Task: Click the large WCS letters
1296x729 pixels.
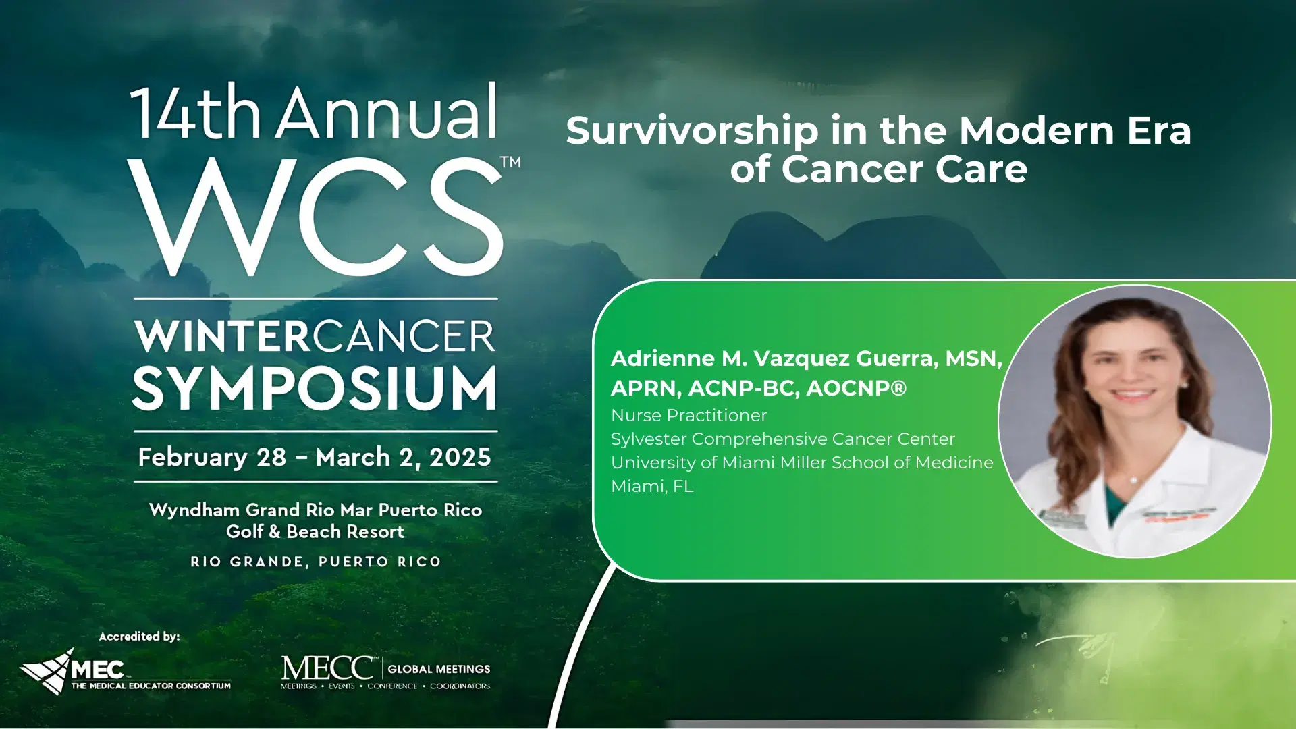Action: [x=315, y=217]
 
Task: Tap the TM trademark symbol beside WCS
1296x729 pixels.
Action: [x=510, y=163]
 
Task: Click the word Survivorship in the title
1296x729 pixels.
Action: [x=692, y=130]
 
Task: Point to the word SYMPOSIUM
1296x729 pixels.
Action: [x=315, y=388]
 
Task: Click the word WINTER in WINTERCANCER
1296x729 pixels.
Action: [x=222, y=336]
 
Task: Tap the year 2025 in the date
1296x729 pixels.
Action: [x=460, y=458]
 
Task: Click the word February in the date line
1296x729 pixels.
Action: [x=193, y=458]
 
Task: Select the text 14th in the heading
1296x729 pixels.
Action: [x=196, y=113]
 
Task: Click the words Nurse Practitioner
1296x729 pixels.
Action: [x=688, y=415]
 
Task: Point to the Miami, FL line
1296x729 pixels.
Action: [x=651, y=486]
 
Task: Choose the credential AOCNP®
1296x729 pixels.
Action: [x=856, y=388]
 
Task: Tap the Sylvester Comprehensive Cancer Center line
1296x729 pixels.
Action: [x=782, y=439]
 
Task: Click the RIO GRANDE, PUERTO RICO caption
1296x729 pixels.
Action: [x=315, y=562]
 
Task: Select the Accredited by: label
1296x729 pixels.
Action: [x=139, y=637]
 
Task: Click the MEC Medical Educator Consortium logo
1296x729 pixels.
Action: [x=125, y=672]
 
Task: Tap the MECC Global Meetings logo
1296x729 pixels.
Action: [x=385, y=672]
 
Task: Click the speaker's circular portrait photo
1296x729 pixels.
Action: [x=1135, y=422]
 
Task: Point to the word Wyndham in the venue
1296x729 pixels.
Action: [x=194, y=510]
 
